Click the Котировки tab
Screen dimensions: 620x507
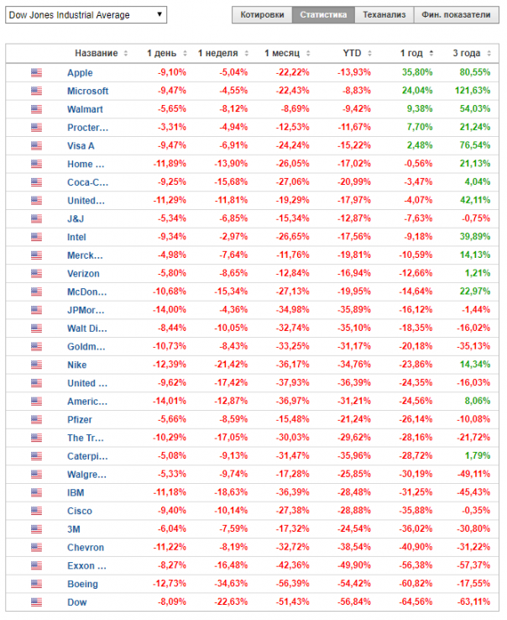point(261,15)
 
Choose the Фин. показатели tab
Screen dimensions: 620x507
point(456,15)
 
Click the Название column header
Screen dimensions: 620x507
point(96,53)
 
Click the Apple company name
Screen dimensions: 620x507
point(80,73)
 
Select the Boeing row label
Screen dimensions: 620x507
point(82,584)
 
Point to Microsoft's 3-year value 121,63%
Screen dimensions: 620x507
point(473,91)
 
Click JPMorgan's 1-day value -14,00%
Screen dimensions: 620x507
point(170,310)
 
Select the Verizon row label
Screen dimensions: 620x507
point(83,274)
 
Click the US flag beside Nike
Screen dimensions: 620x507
point(36,365)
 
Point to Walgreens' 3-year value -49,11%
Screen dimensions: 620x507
point(473,475)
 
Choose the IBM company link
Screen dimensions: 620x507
point(75,492)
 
